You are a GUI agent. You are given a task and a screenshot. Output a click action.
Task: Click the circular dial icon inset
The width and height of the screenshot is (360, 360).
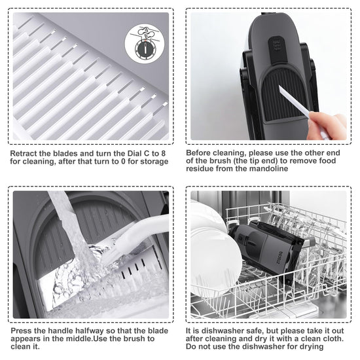click(145, 44)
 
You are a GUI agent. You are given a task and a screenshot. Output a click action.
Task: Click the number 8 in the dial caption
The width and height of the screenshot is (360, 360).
click(163, 153)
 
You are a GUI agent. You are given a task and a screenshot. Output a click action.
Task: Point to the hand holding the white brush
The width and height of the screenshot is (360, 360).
click(327, 126)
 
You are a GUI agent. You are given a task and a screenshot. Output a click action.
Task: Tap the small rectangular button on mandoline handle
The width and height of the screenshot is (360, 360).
click(278, 45)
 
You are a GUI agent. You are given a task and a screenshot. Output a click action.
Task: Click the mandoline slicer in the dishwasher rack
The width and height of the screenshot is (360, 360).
click(271, 249)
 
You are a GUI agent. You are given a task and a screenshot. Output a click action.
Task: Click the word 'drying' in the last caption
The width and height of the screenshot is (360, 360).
click(310, 346)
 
